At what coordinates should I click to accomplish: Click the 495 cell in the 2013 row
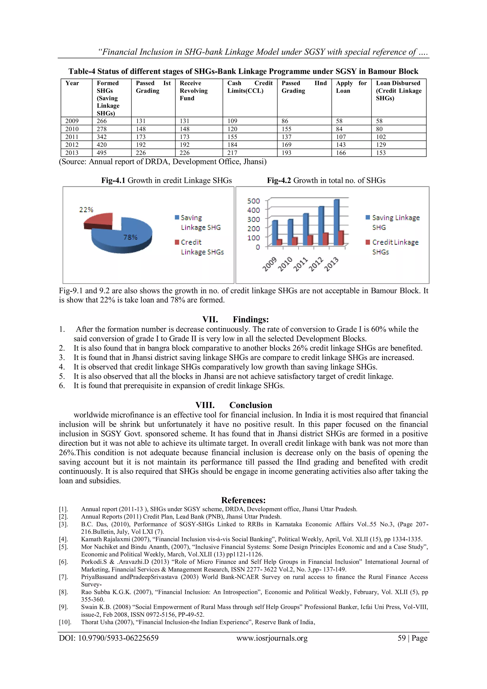click(x=102, y=153)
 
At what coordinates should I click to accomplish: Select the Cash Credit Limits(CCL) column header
click(x=250, y=87)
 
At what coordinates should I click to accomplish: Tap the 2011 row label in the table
click(x=72, y=137)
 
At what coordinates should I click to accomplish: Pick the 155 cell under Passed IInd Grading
click(x=286, y=129)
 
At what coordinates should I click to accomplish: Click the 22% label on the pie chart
click(x=86, y=209)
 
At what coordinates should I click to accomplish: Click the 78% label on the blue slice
click(x=131, y=237)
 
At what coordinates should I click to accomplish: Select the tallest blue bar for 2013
click(x=336, y=222)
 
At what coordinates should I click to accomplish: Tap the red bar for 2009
click(x=279, y=242)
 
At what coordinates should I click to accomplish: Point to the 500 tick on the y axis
click(x=253, y=201)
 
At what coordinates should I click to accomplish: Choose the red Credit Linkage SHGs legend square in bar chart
click(x=368, y=242)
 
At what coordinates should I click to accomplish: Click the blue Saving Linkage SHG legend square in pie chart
click(x=177, y=217)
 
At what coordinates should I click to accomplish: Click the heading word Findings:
click(x=251, y=319)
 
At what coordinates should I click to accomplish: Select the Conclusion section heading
click(x=251, y=405)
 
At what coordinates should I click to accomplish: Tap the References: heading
click(x=243, y=500)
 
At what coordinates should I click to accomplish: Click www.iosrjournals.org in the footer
click(x=272, y=638)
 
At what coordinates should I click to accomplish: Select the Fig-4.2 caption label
click(x=279, y=180)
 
